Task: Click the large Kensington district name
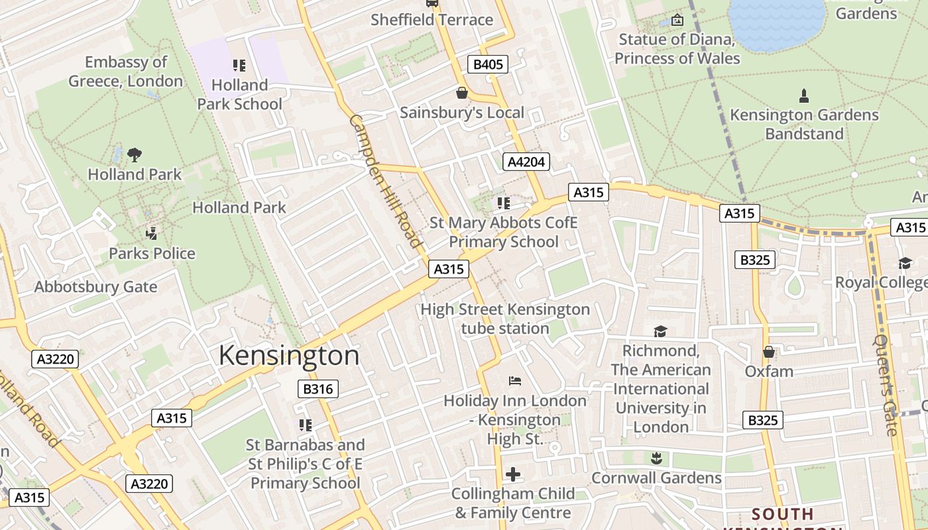pyautogui.click(x=289, y=356)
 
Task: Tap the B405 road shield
pyautogui.click(x=488, y=64)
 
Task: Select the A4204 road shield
pyautogui.click(x=526, y=162)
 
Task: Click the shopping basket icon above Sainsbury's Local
pyautogui.click(x=461, y=93)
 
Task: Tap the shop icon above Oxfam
pyautogui.click(x=769, y=352)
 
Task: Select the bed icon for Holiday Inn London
pyautogui.click(x=514, y=380)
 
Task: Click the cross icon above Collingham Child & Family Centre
pyautogui.click(x=512, y=474)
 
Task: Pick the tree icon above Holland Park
pyautogui.click(x=135, y=155)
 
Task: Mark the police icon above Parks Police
pyautogui.click(x=152, y=233)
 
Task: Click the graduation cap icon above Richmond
pyautogui.click(x=660, y=331)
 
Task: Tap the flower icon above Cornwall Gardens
pyautogui.click(x=656, y=458)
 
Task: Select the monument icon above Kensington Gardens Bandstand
pyautogui.click(x=804, y=96)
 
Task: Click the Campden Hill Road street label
pyautogui.click(x=385, y=182)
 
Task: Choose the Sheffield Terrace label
pyautogui.click(x=432, y=20)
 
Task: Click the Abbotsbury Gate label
pyautogui.click(x=95, y=287)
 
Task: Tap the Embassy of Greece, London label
pyautogui.click(x=126, y=72)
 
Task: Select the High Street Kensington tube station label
pyautogui.click(x=505, y=319)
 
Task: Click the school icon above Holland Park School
pyautogui.click(x=239, y=66)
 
